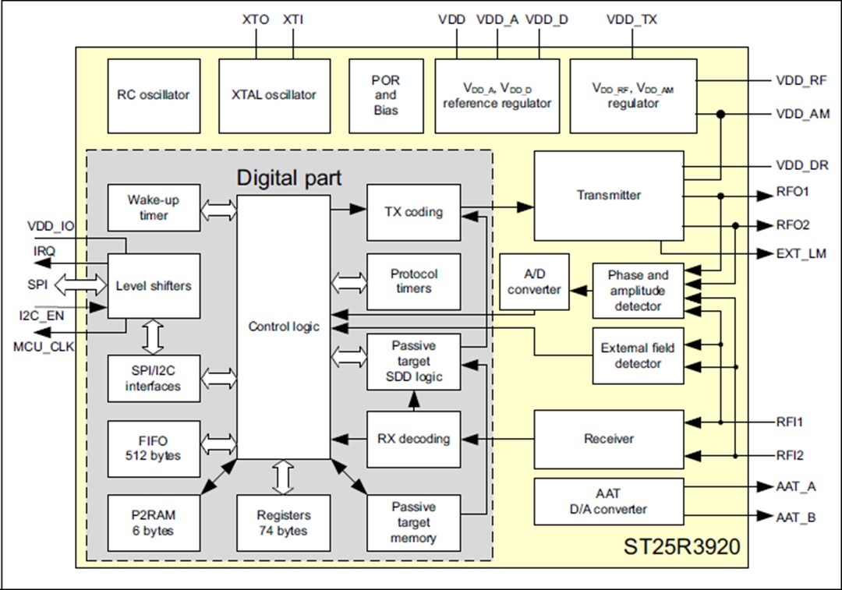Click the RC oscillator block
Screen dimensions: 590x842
[x=154, y=95]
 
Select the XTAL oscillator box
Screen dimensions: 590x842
[x=274, y=95]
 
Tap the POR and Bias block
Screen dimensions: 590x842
[x=386, y=95]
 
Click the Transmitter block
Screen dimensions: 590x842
[x=608, y=196]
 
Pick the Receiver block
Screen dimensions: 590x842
[x=608, y=439]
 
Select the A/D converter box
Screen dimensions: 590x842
[x=534, y=281]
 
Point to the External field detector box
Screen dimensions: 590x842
[x=638, y=355]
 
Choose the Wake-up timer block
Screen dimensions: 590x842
[x=154, y=207]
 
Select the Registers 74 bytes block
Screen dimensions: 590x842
[x=283, y=523]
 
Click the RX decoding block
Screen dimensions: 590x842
[x=413, y=439]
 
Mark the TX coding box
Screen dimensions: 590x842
[x=413, y=212]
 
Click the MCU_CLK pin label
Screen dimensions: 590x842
[x=44, y=347]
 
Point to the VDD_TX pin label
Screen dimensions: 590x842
[x=631, y=20]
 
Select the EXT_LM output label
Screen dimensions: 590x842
[x=801, y=253]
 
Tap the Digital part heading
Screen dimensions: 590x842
[x=288, y=178]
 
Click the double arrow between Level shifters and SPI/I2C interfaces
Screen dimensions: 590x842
[x=154, y=337]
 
